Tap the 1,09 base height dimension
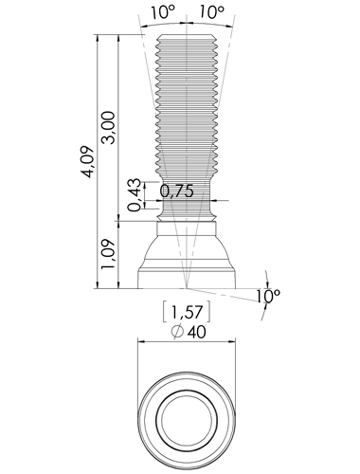(x=108, y=254)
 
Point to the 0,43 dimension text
(x=135, y=195)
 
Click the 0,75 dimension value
(x=176, y=191)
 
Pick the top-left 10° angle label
(x=163, y=12)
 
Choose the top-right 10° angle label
(x=211, y=12)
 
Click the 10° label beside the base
(x=267, y=296)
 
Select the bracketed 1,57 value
(x=187, y=313)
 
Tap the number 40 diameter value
(x=196, y=332)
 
